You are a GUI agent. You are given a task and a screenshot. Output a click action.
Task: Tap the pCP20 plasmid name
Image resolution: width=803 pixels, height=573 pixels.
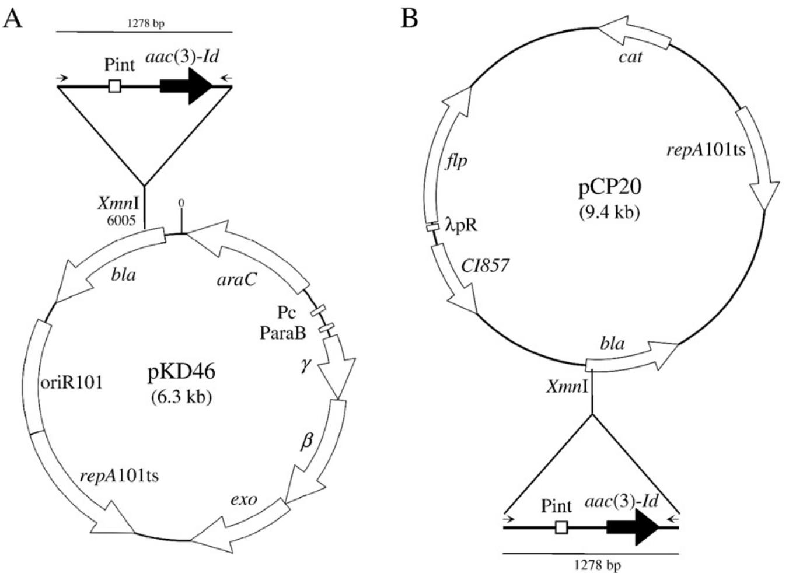609,187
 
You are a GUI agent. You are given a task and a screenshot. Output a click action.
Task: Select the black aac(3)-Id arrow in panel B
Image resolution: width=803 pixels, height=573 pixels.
633,527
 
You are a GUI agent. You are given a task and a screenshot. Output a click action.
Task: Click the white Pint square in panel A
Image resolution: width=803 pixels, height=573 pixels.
115,86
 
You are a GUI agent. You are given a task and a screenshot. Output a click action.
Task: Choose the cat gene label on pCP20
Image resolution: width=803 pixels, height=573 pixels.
630,57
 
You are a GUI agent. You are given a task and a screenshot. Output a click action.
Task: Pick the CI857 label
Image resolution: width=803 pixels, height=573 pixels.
485,266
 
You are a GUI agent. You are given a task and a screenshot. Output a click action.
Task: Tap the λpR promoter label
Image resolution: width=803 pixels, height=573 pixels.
461,225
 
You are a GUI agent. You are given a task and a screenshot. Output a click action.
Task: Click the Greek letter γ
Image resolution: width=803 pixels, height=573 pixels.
305,366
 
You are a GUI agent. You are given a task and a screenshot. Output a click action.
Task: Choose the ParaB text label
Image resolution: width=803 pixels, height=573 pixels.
283,333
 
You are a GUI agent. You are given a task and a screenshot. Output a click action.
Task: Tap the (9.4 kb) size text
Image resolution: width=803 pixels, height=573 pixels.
609,212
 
